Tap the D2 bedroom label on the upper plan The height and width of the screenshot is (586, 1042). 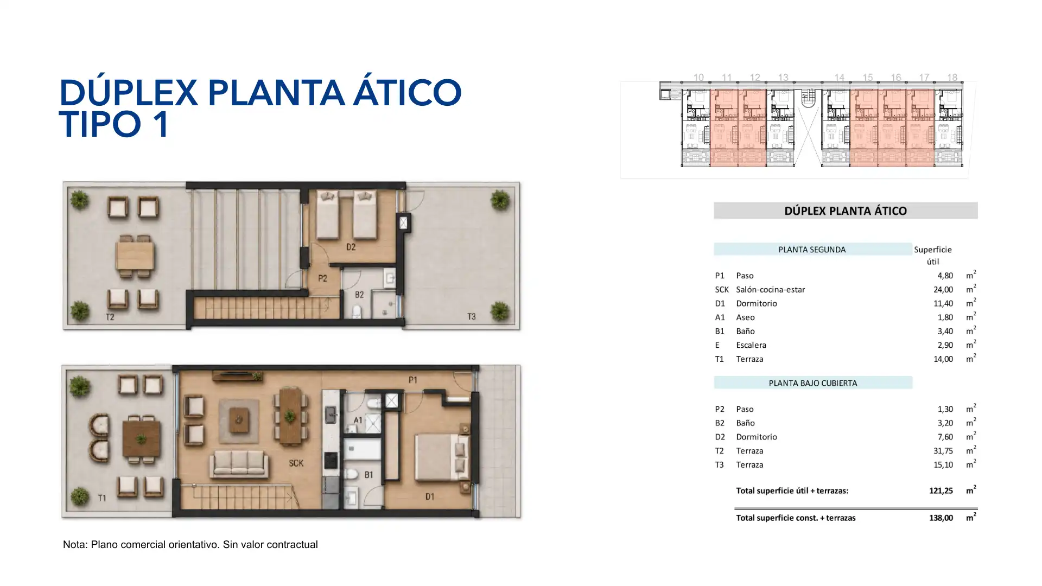[x=351, y=247]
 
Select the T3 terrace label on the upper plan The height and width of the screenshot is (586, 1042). [x=471, y=316]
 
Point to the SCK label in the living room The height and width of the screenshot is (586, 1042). [x=296, y=463]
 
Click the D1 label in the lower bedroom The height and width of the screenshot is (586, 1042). [x=430, y=496]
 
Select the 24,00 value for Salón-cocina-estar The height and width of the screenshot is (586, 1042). [x=943, y=290]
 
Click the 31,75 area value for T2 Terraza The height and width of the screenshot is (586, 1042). [x=943, y=451]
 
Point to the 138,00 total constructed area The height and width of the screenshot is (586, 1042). [x=941, y=518]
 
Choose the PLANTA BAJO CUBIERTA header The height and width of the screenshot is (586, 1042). [x=813, y=383]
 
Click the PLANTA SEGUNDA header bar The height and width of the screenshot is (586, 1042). [x=812, y=250]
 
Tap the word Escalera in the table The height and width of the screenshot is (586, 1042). [x=751, y=345]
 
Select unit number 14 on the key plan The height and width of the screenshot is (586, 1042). [x=839, y=78]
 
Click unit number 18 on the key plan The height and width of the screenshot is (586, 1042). [x=952, y=78]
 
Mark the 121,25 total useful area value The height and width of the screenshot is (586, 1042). [x=941, y=491]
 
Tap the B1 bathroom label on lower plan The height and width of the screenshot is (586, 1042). [x=368, y=475]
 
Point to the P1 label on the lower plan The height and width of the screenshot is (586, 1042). [x=413, y=380]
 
